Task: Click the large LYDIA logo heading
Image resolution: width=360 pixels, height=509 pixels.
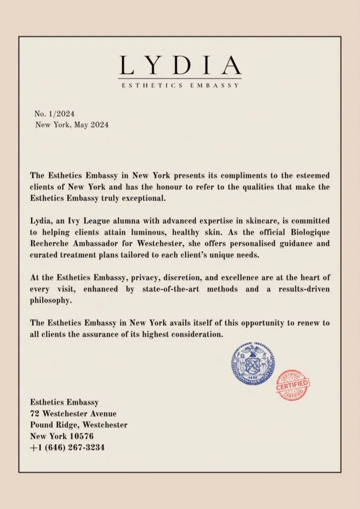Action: click(x=180, y=65)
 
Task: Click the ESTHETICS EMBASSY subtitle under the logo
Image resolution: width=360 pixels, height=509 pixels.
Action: click(x=180, y=85)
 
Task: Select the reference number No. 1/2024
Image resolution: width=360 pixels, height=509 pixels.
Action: click(x=54, y=114)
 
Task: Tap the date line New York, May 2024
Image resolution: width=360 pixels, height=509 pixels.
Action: click(x=72, y=125)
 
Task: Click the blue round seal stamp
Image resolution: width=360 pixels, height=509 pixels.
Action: click(x=253, y=364)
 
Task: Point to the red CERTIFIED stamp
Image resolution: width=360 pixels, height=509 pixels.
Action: click(x=292, y=385)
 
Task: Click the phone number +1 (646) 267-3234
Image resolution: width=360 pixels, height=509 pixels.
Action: click(x=67, y=447)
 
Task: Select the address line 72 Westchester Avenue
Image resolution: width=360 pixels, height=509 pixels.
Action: click(x=73, y=414)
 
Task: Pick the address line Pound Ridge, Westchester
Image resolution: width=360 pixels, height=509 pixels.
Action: click(x=79, y=425)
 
